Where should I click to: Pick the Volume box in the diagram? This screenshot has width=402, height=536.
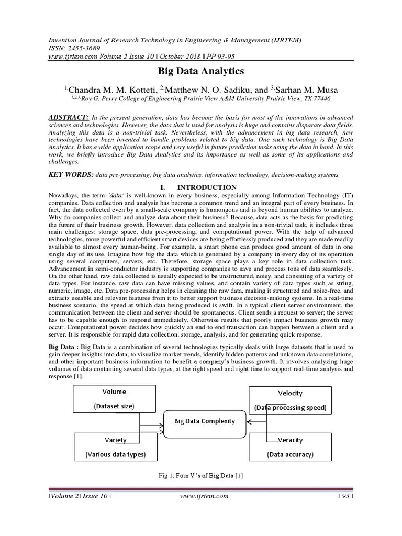(114, 398)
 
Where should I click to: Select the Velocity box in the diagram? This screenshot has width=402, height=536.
(289, 400)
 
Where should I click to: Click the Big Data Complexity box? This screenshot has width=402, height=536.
(205, 420)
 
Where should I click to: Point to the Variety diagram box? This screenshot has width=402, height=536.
(115, 446)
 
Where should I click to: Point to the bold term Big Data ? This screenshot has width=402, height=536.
(64, 347)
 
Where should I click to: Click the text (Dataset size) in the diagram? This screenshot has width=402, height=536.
(114, 406)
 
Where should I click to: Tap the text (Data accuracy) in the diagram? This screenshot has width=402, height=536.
(289, 454)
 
